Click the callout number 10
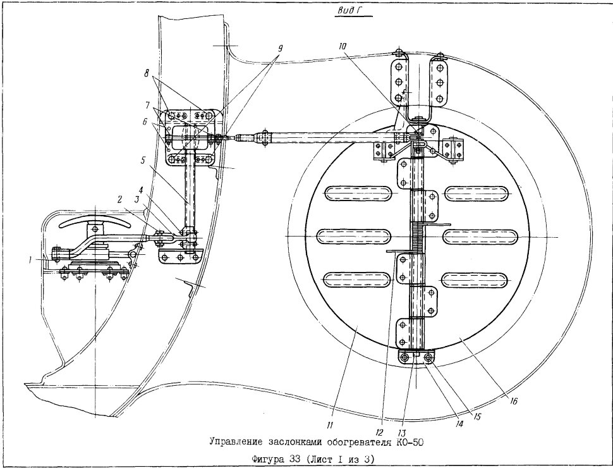coord(343,46)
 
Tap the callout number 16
coord(514,401)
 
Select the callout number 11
coord(330,424)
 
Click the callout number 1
coord(30,259)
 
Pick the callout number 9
coord(279,48)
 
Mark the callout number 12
coord(378,432)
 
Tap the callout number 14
coord(459,424)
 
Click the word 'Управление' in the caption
coord(236,443)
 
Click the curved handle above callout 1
coord(95,221)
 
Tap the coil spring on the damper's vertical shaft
coord(418,238)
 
